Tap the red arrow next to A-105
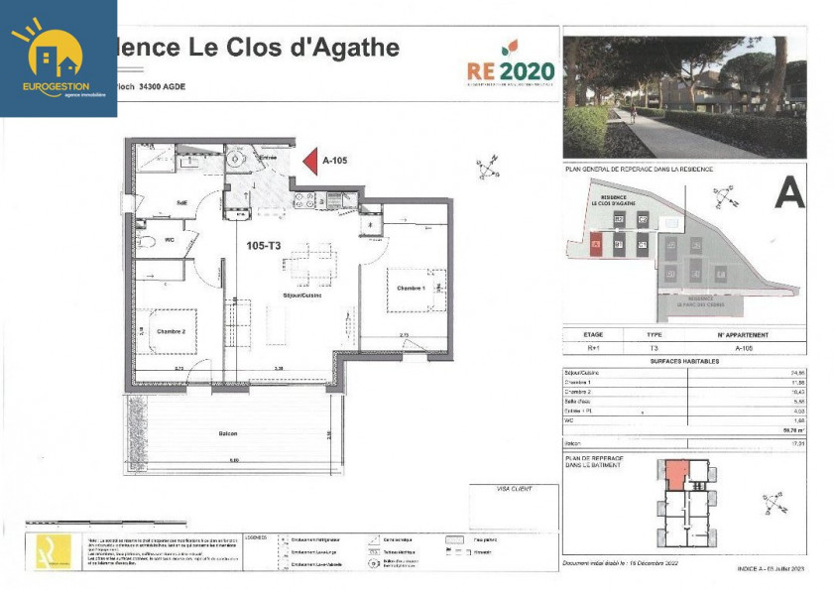308,161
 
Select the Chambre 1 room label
411,288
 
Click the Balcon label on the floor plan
228,433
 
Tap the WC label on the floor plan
169,239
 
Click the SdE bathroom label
181,203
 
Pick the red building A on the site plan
595,244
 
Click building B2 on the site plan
619,218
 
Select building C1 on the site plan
643,244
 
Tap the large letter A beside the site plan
789,190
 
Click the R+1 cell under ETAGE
594,348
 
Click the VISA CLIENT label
514,488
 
